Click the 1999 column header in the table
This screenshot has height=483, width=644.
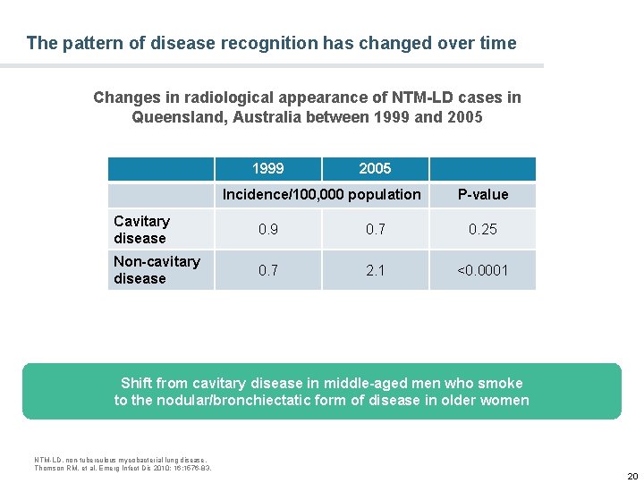[267, 168]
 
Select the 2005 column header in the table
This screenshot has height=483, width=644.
[375, 168]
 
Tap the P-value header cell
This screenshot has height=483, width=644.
[483, 195]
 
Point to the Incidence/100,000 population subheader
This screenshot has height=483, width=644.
[321, 195]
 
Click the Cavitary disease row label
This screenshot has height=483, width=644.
[141, 230]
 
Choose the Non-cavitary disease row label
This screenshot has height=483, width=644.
[157, 269]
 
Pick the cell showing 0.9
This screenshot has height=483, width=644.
[267, 230]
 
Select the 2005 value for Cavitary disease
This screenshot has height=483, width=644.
[375, 230]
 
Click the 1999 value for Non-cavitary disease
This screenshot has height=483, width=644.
[267, 270]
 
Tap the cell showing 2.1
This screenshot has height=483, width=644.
[375, 270]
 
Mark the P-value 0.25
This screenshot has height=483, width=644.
[483, 230]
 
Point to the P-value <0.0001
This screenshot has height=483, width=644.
[483, 270]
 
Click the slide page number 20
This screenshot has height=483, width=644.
[631, 475]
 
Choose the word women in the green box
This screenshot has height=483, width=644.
[504, 400]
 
